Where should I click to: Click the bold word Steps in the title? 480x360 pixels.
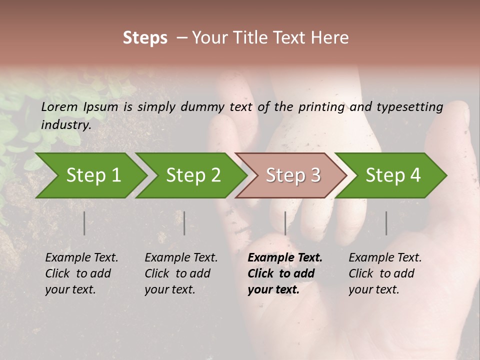(x=145, y=38)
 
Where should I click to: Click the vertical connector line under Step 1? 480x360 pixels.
(x=84, y=223)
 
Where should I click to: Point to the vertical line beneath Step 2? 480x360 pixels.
(x=184, y=223)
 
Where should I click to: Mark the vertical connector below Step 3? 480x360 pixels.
(x=285, y=223)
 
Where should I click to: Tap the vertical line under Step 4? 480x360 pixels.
(x=386, y=223)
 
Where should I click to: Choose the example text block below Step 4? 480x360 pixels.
(x=385, y=273)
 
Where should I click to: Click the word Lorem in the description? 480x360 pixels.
(x=59, y=106)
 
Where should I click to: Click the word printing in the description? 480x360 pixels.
(x=321, y=107)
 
